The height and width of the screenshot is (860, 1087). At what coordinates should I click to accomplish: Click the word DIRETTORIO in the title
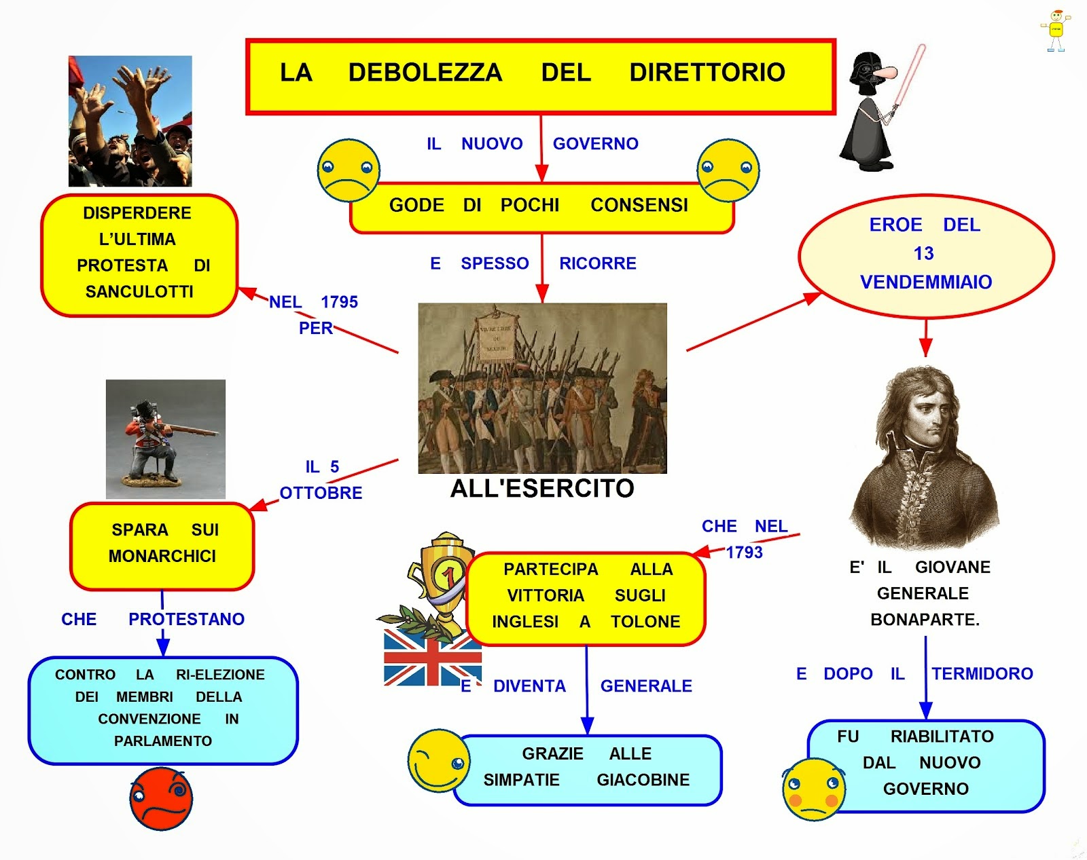[x=707, y=73]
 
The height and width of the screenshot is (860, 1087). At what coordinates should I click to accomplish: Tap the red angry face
[x=161, y=798]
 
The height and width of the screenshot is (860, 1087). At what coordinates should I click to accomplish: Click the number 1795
[x=339, y=302]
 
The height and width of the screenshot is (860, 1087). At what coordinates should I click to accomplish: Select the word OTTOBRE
[x=321, y=493]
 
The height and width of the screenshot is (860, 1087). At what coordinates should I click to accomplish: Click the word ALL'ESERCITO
[x=542, y=489]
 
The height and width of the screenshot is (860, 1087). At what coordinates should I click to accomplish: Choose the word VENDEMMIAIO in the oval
[x=925, y=282]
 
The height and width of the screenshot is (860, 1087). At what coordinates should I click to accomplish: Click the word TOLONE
[x=645, y=622]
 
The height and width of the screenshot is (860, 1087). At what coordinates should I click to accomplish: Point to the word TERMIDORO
[x=982, y=674]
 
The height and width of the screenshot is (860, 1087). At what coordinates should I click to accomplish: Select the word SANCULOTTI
[x=139, y=292]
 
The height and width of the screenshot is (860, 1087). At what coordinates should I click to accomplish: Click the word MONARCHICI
[x=162, y=557]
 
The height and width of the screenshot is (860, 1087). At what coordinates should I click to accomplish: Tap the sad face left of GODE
[x=349, y=170]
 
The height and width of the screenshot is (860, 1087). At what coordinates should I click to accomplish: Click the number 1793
[x=744, y=553]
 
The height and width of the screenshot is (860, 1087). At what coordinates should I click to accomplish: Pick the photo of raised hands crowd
[x=130, y=121]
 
